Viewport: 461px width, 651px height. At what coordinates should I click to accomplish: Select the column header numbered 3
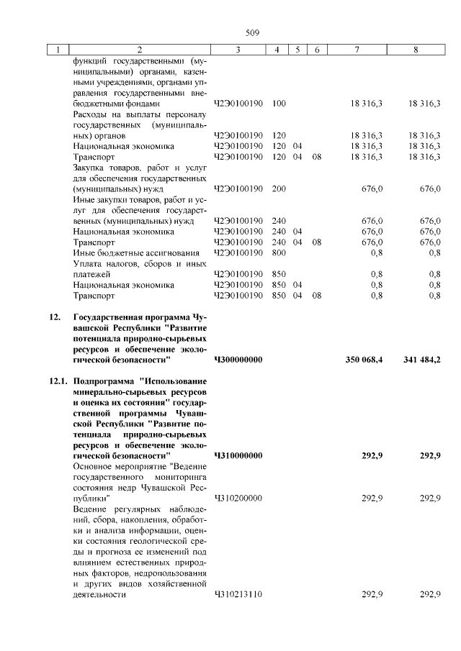pyautogui.click(x=238, y=50)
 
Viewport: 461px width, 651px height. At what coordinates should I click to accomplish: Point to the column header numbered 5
pyautogui.click(x=297, y=50)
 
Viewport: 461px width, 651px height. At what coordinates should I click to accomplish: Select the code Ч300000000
pyautogui.click(x=238, y=358)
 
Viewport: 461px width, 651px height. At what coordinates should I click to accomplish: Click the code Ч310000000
pyautogui.click(x=238, y=455)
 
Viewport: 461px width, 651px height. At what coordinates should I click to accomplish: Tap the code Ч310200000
pyautogui.click(x=238, y=498)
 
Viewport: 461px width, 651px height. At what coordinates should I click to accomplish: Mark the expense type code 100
pyautogui.click(x=279, y=104)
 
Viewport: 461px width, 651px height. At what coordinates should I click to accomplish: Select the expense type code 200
pyautogui.click(x=279, y=188)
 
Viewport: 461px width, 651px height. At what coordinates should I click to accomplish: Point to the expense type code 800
pyautogui.click(x=279, y=252)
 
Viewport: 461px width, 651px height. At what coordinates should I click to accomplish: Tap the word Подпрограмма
pyautogui.click(x=104, y=381)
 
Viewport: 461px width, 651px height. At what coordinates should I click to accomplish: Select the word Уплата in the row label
pyautogui.click(x=88, y=263)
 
